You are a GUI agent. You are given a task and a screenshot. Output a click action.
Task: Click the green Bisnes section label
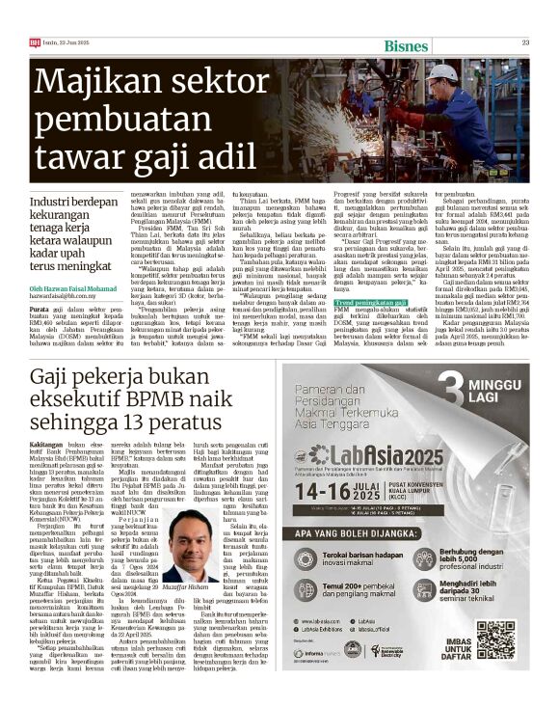406,46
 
